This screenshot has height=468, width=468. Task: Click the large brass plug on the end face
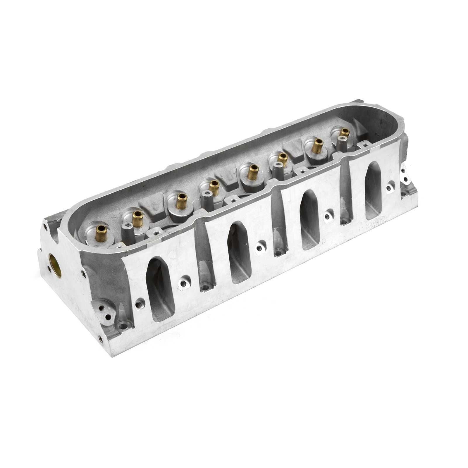point(55,265)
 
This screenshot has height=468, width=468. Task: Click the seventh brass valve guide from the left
point(317,145)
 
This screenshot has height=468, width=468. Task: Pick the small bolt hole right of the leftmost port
point(184,283)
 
